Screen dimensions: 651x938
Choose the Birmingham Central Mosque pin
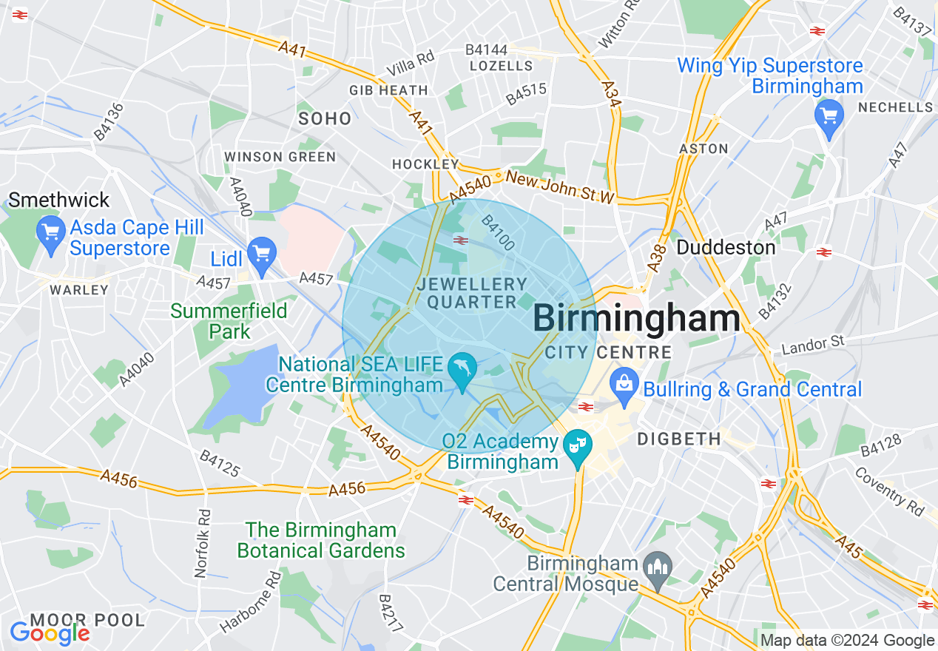(x=658, y=569)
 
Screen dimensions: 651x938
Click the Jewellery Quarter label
(x=472, y=293)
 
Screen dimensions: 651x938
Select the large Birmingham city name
(x=635, y=319)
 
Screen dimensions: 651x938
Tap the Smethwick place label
(x=59, y=200)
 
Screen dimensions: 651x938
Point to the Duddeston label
(x=726, y=247)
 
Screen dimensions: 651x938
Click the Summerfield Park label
(x=229, y=320)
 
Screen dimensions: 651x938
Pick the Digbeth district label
(x=678, y=439)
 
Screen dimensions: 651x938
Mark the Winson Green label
(x=280, y=157)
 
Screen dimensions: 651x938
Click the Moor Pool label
(x=88, y=619)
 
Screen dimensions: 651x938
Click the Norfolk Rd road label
(x=202, y=544)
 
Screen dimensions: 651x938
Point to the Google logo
(x=50, y=633)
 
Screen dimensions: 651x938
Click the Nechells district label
(x=895, y=107)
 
